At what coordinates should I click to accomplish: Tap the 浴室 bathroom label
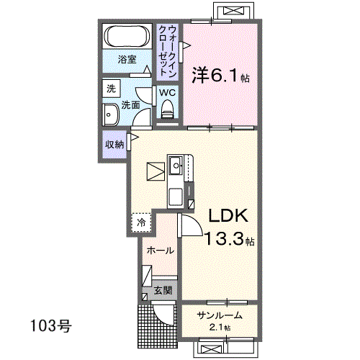pos(127,60)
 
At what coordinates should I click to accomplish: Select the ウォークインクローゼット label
pos(168,51)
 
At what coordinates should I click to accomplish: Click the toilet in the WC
pos(167,109)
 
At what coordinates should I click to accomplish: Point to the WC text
pos(167,93)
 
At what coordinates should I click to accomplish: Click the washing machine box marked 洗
pos(111,89)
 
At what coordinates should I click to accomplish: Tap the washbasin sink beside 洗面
pos(111,115)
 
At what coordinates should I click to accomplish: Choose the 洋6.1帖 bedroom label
pos(220,76)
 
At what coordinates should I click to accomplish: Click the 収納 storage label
pos(114,145)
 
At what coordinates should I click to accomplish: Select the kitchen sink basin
pos(176,165)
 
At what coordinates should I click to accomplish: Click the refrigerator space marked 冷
pos(141,222)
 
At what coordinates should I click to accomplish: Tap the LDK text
pos(228,216)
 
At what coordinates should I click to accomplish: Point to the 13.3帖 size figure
pos(230,238)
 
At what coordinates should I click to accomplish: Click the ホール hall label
pos(160,251)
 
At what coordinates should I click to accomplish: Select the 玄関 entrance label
pos(163,291)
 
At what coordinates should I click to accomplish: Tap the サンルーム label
pos(220,315)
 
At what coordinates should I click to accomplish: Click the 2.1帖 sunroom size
pos(220,327)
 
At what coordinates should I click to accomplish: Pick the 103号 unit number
pos(51,326)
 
